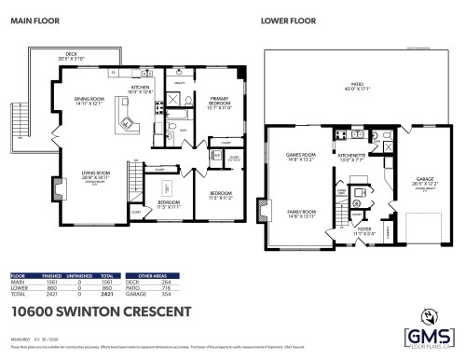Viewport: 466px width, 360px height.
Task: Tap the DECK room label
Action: coord(64,56)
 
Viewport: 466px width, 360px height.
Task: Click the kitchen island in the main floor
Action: coord(124,117)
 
